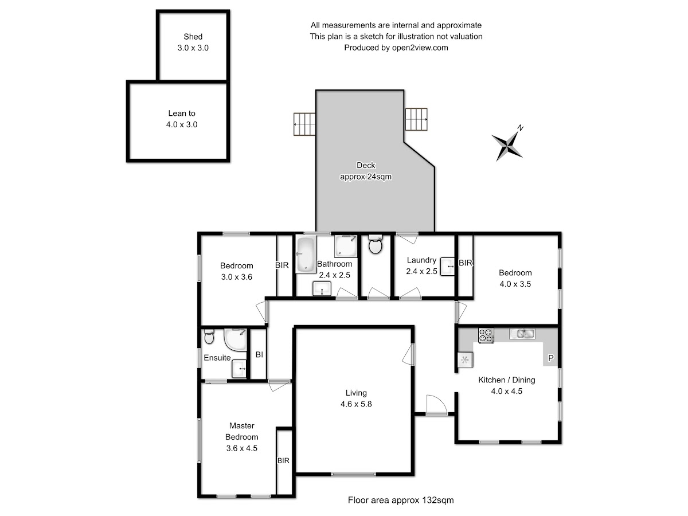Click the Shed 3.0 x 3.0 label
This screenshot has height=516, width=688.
pos(193,42)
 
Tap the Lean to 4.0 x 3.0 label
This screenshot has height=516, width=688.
pos(182,119)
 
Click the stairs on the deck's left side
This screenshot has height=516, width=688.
pos(304,124)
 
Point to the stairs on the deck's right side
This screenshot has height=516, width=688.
pos(416,119)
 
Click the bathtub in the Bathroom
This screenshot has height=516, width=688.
pos(306,255)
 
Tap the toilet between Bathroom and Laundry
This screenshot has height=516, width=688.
pos(375,244)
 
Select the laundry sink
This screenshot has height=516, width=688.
pos(447,267)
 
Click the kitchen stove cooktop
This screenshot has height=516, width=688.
pos(486,335)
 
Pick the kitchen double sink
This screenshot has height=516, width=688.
pos(522,333)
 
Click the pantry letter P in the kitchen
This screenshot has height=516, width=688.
pos(551,358)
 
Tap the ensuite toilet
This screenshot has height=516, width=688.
pos(209,337)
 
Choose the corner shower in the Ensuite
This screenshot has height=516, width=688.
pos(235,339)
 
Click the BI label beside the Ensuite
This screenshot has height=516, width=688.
pos(259,354)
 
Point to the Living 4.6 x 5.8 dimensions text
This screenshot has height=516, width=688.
pos(356,404)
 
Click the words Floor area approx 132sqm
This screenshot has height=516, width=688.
pos(401,500)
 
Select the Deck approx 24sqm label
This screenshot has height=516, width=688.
pos(366,171)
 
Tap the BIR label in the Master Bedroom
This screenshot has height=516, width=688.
pos(283,460)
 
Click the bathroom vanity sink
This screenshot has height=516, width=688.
pos(322,288)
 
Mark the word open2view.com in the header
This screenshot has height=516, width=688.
pos(420,48)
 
